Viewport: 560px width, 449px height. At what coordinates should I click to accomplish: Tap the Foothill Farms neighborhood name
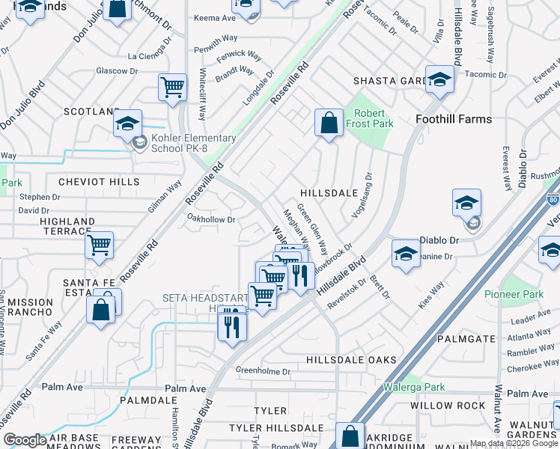454,119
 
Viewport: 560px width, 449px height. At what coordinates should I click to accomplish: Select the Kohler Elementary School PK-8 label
192,143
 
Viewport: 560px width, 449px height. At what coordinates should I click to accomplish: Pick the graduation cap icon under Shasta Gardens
439,79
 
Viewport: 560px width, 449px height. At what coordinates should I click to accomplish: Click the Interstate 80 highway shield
554,201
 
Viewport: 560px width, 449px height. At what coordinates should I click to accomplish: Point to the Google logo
25,439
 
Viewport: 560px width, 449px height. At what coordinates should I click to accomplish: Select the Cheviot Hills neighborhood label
100,182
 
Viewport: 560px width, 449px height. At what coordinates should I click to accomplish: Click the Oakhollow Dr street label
211,220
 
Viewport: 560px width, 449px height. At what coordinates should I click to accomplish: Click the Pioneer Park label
514,295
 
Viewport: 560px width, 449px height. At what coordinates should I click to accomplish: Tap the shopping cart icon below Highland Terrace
99,244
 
